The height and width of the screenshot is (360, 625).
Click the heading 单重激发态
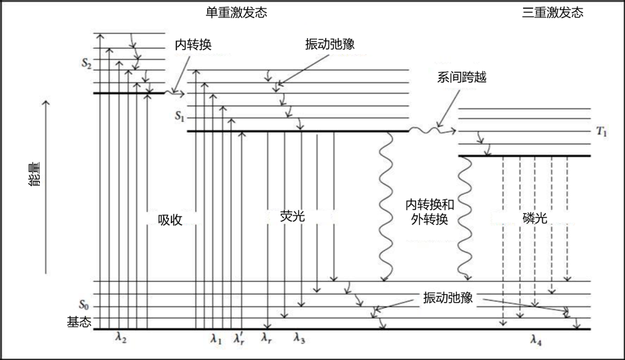click(x=236, y=13)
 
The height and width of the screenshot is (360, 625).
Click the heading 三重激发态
click(x=552, y=13)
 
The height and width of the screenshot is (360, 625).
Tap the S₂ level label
click(x=86, y=64)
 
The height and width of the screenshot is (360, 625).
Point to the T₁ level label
click(x=602, y=131)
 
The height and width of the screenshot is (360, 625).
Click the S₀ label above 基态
click(x=84, y=304)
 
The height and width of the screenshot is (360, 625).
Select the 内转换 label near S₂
click(x=197, y=45)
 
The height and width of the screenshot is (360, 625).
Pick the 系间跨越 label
click(x=461, y=77)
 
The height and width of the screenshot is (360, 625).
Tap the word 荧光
click(x=292, y=216)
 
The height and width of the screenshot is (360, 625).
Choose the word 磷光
click(x=533, y=218)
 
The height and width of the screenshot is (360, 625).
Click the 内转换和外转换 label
click(x=429, y=212)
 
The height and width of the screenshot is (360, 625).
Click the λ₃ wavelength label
click(x=299, y=339)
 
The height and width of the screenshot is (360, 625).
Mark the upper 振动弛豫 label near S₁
click(x=329, y=45)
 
